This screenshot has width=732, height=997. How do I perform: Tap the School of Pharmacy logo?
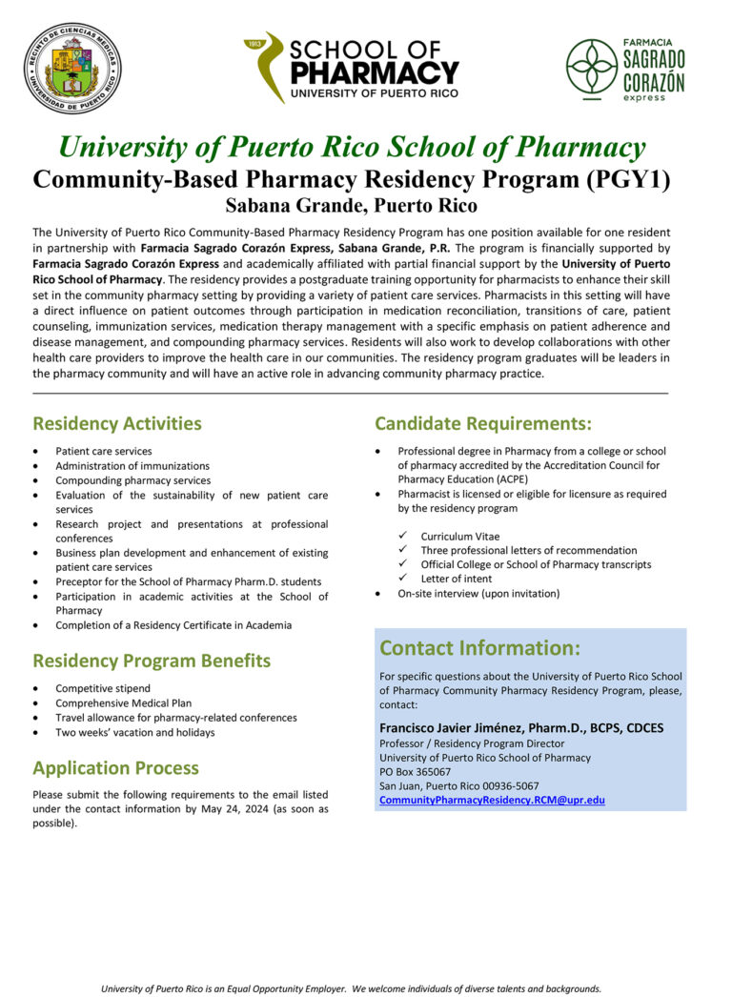(352, 68)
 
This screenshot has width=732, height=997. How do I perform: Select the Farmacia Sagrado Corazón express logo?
(625, 69)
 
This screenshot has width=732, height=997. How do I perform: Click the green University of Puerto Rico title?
(352, 148)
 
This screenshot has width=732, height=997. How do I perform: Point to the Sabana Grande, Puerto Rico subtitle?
(352, 205)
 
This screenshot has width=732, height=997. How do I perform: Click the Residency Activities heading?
(117, 423)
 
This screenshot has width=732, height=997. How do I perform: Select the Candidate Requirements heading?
(483, 423)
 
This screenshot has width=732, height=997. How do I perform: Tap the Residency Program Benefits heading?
(152, 661)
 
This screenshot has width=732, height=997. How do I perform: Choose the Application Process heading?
(116, 768)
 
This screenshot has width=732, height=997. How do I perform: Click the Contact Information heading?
(479, 648)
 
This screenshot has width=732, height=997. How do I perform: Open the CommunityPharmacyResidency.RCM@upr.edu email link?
(492, 801)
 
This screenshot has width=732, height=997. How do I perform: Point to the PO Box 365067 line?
(416, 772)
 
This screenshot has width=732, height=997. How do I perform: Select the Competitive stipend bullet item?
(104, 688)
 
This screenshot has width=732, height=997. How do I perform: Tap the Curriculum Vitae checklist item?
(459, 537)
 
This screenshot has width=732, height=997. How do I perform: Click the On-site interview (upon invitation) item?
(478, 593)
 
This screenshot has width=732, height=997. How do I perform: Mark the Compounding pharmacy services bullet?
(132, 480)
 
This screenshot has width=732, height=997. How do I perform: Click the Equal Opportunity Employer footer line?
(352, 988)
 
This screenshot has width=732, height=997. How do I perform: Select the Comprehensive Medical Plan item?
(123, 703)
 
